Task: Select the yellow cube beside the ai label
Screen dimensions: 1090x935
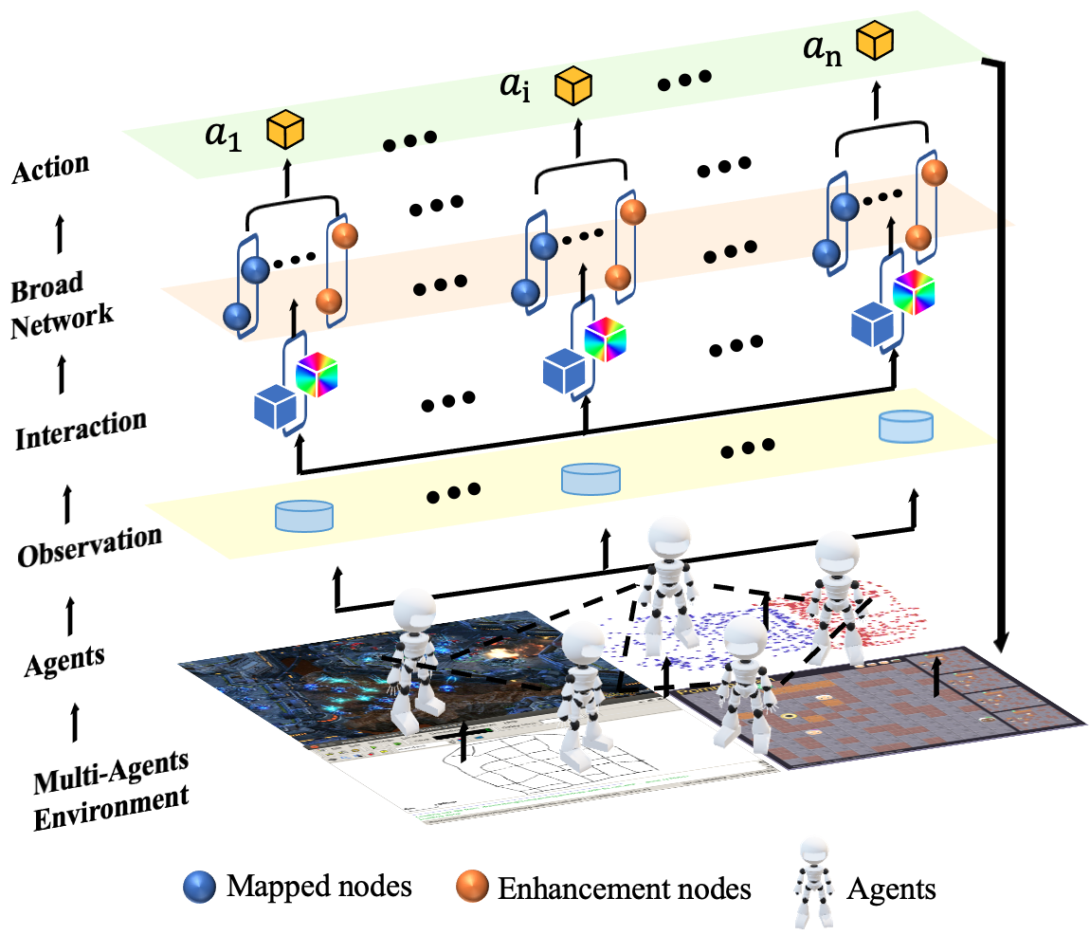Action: (x=573, y=85)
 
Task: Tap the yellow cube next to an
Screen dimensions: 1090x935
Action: (x=875, y=41)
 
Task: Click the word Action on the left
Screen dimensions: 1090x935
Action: (x=51, y=169)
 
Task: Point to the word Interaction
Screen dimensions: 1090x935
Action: (x=81, y=430)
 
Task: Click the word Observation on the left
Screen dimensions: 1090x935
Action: (x=89, y=546)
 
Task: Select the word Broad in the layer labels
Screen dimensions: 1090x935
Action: (x=46, y=286)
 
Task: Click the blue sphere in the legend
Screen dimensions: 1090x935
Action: (x=199, y=887)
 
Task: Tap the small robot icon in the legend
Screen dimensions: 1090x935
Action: (x=813, y=882)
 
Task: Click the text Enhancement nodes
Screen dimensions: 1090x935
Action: (x=625, y=889)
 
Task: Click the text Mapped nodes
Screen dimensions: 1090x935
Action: (x=319, y=886)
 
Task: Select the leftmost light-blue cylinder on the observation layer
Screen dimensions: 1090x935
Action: (x=304, y=516)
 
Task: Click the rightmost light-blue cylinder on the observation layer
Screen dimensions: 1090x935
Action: (x=906, y=427)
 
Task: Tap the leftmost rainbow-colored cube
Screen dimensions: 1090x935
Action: (x=317, y=375)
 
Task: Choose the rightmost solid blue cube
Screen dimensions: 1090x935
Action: (x=872, y=324)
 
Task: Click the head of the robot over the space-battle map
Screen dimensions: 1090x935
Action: (x=414, y=610)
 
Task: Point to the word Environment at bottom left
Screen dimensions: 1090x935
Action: (x=111, y=808)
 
